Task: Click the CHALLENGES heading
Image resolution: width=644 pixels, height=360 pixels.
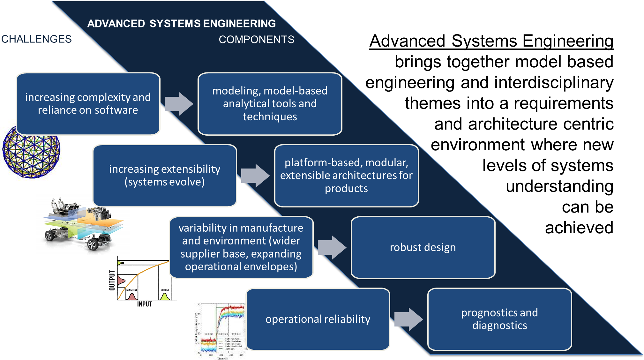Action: (36, 39)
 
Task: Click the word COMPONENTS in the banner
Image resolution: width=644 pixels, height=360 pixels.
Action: (256, 40)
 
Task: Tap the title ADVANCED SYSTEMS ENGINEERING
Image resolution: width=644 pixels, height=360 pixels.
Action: (181, 24)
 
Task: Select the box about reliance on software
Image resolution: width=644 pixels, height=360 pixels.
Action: (88, 104)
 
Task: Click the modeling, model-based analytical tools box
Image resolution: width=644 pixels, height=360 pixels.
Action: (270, 104)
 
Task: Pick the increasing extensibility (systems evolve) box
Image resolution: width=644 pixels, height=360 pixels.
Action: (165, 176)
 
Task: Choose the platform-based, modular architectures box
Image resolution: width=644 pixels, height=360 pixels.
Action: (346, 176)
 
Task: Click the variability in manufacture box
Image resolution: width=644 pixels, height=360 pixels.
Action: (241, 247)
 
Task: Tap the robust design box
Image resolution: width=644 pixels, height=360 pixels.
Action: (423, 247)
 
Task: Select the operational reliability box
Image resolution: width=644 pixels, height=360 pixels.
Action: (318, 319)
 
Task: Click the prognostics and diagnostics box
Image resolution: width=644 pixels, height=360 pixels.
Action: (499, 319)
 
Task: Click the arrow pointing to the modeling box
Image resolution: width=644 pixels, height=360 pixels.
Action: (179, 104)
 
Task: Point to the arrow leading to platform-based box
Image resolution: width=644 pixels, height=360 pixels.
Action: (256, 176)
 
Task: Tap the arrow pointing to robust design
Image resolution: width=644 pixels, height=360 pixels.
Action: (332, 247)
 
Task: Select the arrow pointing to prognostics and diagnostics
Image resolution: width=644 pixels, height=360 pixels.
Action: (409, 319)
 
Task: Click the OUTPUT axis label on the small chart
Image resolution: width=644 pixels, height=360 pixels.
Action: (112, 280)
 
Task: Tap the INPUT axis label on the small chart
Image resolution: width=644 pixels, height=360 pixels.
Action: (145, 304)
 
